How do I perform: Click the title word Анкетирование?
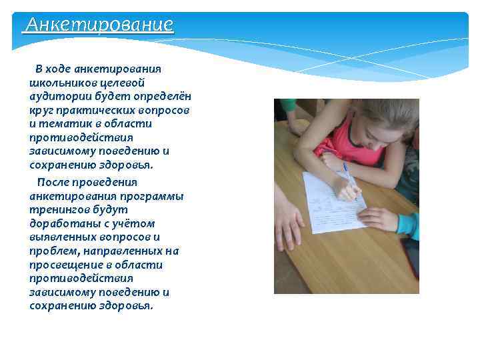coord(99,25)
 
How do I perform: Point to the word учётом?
coord(137,224)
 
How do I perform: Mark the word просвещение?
coord(62,265)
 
